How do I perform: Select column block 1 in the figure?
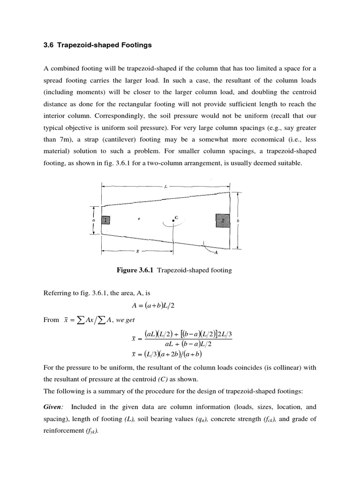(x=105, y=219)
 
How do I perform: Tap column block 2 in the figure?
(x=223, y=220)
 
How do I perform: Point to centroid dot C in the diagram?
(x=173, y=220)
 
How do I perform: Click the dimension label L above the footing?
(x=165, y=186)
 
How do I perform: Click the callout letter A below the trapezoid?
(x=216, y=253)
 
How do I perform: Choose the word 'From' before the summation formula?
(x=51, y=320)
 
